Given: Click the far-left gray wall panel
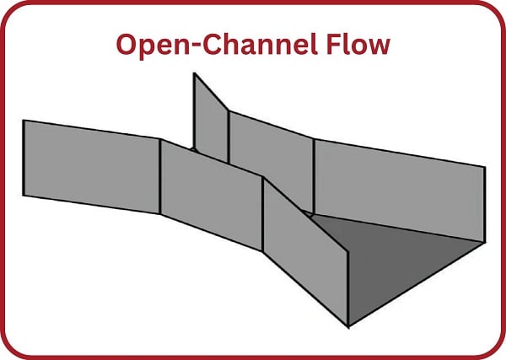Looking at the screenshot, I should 91,165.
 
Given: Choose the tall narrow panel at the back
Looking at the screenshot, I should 211,118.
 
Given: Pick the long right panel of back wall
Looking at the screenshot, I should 398,185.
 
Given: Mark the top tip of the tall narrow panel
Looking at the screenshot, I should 195,74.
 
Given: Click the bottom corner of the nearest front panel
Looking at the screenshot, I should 347,325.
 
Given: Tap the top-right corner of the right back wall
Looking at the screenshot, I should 485,166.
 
